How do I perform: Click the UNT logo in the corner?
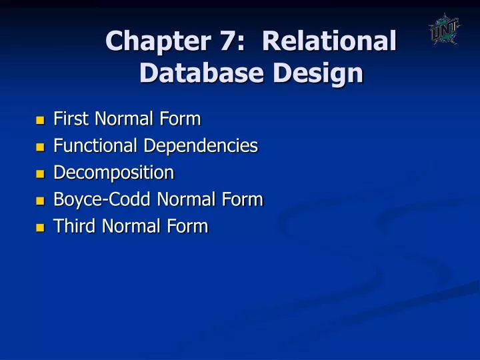coord(444,30)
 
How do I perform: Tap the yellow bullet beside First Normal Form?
coord(40,121)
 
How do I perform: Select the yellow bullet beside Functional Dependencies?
coord(40,147)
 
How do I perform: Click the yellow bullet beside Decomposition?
coord(40,174)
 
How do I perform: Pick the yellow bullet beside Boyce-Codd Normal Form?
coord(40,201)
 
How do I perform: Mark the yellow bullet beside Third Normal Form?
coord(40,227)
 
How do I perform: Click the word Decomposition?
coord(113,173)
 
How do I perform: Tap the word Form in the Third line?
coord(189,226)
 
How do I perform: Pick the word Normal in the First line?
coord(126,119)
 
